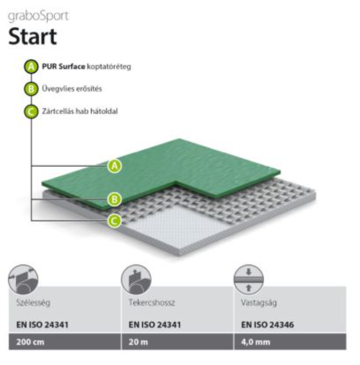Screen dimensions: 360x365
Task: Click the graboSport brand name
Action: tap(38, 16)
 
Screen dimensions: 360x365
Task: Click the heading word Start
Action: tap(33, 36)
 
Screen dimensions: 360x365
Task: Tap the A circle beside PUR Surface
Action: tap(31, 67)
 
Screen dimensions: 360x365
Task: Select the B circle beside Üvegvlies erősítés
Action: tap(31, 89)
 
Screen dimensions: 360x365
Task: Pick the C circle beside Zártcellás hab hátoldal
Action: tap(31, 111)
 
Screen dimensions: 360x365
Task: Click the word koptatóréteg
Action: tap(109, 67)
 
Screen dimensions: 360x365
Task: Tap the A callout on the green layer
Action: tap(114, 166)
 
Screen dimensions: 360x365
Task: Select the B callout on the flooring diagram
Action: tap(114, 199)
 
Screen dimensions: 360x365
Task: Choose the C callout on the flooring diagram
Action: tap(114, 220)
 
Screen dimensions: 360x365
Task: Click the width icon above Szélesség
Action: tap(23, 279)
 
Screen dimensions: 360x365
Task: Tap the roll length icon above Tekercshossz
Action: tap(136, 279)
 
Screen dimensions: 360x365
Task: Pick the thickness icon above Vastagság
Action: tap(248, 279)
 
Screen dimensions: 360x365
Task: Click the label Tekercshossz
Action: tap(152, 302)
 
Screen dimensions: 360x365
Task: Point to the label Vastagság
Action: tap(259, 303)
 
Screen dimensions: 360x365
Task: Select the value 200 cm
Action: tap(30, 342)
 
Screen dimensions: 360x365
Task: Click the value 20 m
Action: tap(138, 342)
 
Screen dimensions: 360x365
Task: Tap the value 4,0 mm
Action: tap(256, 342)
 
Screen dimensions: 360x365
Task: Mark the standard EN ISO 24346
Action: tap(267, 325)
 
